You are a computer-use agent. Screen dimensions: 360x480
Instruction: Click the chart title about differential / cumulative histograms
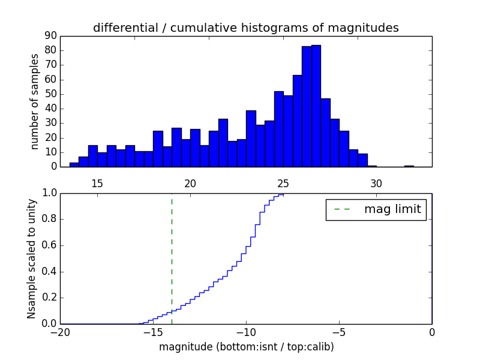246,28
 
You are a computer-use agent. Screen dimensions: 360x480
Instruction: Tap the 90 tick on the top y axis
50,36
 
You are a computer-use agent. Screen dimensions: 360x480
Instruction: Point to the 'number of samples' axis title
35,101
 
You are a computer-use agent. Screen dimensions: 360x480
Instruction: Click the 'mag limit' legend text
392,209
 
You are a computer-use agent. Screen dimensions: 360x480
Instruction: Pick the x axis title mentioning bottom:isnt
246,347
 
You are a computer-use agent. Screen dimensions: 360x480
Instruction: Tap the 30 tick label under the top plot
376,184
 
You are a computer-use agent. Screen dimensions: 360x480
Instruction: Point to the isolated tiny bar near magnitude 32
409,166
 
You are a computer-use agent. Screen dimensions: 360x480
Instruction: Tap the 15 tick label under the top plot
97,184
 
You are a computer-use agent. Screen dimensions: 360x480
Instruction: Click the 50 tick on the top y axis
50,94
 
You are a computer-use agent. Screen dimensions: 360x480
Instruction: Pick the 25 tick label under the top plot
283,184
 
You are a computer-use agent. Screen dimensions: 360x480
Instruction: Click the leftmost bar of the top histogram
74,164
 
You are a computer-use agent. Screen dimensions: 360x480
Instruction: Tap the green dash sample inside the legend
342,209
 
